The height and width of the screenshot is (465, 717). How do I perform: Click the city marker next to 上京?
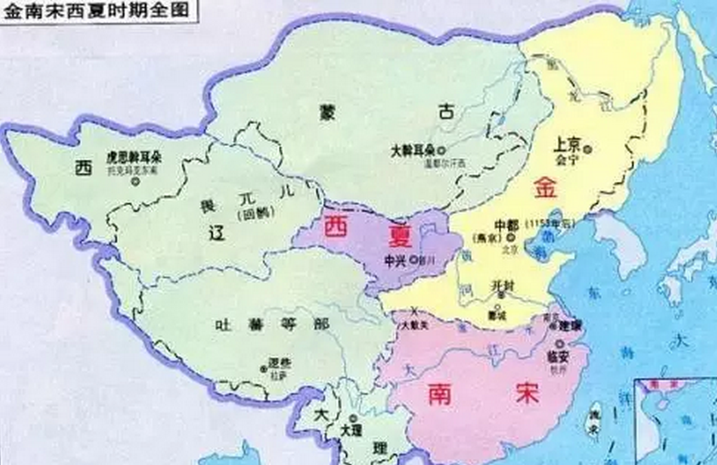(588, 148)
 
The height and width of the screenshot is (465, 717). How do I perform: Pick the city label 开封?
(503, 286)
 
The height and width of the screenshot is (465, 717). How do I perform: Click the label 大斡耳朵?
(413, 150)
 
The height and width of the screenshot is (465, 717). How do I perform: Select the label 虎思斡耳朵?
(134, 157)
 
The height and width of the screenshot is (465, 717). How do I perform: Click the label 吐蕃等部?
(272, 325)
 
